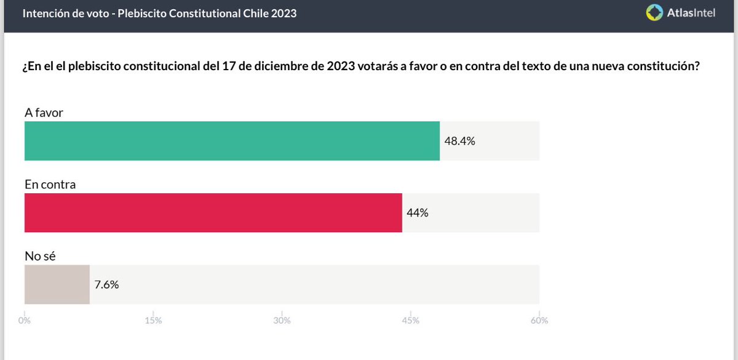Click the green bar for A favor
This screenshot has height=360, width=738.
[232, 141]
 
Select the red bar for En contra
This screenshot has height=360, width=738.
[213, 213]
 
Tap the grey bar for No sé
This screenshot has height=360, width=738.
[57, 284]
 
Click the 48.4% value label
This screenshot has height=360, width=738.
[460, 141]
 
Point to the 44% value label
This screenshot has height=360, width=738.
[418, 213]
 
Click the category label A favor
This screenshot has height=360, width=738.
[44, 113]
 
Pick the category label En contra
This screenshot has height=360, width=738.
[50, 184]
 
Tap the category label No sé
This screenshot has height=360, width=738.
[40, 256]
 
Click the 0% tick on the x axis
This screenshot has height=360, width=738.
[25, 321]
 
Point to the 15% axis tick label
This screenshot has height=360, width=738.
[153, 321]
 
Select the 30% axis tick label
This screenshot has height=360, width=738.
[282, 321]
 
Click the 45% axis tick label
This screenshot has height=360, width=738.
[410, 321]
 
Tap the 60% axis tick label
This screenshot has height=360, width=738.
[539, 321]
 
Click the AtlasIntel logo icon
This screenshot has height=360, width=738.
[654, 13]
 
